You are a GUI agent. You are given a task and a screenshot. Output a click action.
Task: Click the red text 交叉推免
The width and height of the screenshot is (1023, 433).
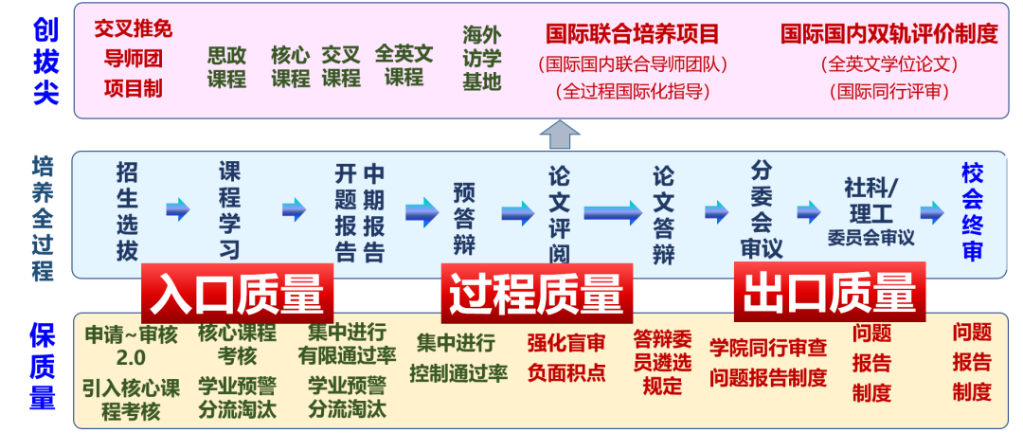click(x=134, y=27)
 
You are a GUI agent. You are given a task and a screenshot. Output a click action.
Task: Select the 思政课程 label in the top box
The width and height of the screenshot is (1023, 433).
click(x=226, y=67)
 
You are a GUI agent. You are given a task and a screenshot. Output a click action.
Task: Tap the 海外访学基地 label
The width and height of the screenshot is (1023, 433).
click(x=481, y=58)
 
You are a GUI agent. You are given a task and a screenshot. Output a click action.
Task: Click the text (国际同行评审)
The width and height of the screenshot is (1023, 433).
click(x=888, y=92)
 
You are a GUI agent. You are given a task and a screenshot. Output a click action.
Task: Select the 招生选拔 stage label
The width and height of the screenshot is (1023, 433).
click(x=127, y=210)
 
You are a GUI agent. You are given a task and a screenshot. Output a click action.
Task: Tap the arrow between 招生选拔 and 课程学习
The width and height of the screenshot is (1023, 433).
click(x=177, y=209)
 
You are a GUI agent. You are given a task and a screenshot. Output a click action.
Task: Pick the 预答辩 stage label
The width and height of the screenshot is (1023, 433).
click(x=463, y=218)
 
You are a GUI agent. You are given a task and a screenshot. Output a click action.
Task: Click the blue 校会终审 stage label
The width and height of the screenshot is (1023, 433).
click(x=972, y=210)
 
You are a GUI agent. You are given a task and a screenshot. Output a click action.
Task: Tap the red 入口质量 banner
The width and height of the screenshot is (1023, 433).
click(x=238, y=293)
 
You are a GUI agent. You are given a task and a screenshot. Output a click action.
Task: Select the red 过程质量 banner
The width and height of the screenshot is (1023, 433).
click(x=536, y=293)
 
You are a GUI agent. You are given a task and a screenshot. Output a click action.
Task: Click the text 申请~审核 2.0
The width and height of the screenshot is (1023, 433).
click(x=131, y=346)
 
